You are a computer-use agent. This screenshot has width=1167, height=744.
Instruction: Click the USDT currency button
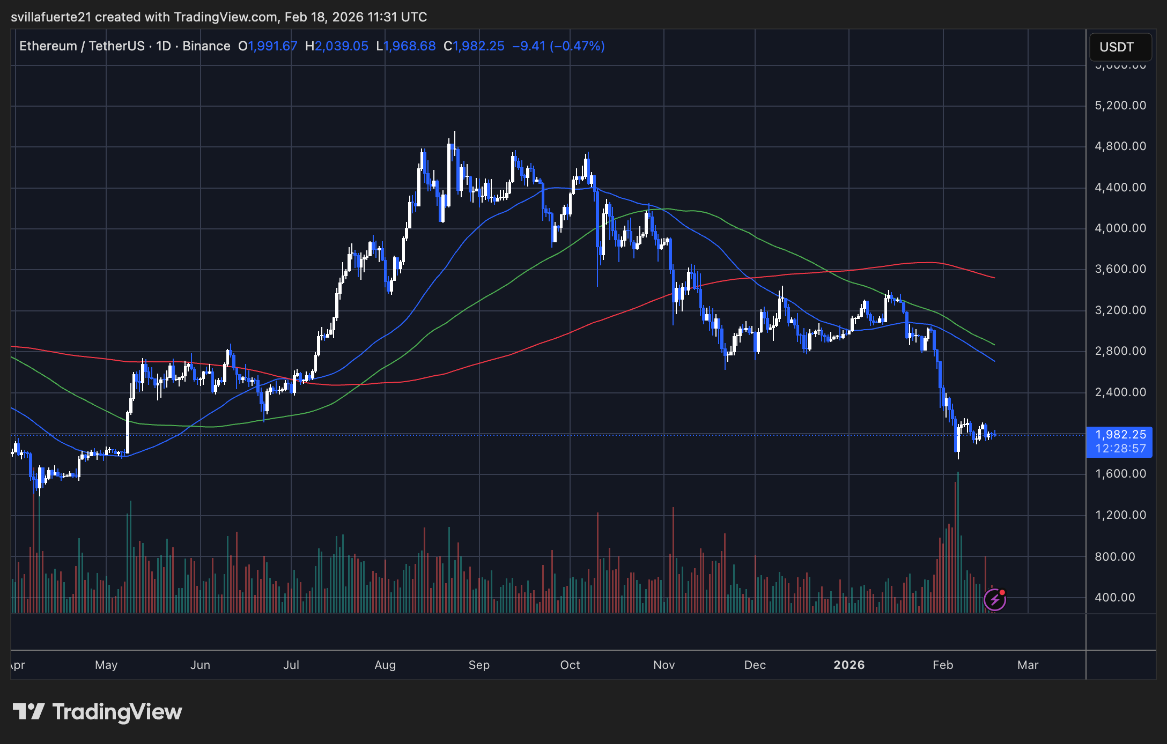tap(1120, 47)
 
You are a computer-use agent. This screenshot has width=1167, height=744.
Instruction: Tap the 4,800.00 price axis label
tap(1120, 146)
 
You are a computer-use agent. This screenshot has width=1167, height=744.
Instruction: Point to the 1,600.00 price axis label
tap(1120, 474)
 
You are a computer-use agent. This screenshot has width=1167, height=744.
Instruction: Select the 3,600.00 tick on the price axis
tap(1120, 269)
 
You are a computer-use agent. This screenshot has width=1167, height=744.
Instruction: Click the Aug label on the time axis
tap(385, 665)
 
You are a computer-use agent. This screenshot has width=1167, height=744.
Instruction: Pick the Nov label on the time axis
tap(664, 665)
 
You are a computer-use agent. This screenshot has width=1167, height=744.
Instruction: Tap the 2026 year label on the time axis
tap(849, 665)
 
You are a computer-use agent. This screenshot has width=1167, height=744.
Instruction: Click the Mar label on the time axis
tap(1028, 665)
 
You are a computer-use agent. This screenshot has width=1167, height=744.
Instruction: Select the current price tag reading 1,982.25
tap(1120, 435)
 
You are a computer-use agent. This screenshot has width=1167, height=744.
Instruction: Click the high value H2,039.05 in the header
tap(337, 46)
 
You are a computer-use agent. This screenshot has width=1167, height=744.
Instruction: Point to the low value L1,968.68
tap(406, 46)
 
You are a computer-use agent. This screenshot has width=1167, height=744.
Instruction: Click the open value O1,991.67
tap(268, 46)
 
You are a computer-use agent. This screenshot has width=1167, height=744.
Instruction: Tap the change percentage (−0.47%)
tap(577, 46)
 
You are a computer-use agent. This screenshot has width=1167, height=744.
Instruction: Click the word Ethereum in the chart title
tap(48, 46)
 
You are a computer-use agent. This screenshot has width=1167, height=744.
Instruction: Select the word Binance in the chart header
tap(206, 46)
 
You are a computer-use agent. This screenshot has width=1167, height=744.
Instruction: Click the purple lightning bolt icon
tap(995, 600)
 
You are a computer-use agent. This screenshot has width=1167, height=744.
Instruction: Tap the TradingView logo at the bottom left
tap(97, 712)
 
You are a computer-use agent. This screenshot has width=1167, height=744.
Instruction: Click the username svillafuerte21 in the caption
tap(51, 17)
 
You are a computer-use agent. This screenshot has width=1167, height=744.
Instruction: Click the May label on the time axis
tap(106, 665)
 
